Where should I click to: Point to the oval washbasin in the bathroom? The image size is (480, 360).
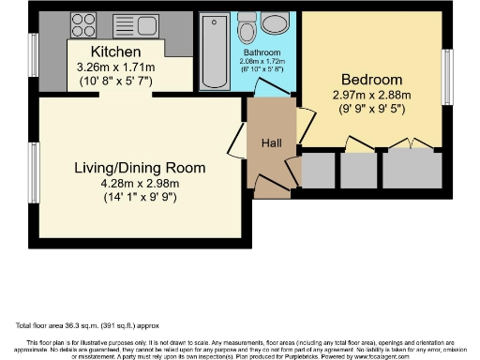[x=276, y=24]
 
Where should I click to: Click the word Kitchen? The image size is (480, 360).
[x=116, y=51]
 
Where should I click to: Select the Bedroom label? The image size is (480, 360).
[x=371, y=79]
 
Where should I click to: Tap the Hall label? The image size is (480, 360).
[x=272, y=144]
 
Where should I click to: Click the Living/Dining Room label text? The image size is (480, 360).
[x=140, y=169]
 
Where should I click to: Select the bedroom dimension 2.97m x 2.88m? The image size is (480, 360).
[x=371, y=95]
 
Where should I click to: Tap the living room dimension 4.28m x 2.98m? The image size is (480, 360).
[x=140, y=184]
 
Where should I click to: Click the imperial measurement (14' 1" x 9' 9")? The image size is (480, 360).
[x=140, y=198]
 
